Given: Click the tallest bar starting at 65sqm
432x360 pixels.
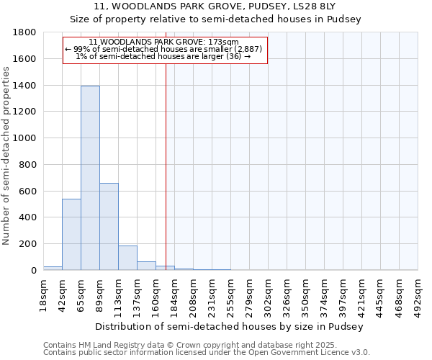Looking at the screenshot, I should [x=90, y=178].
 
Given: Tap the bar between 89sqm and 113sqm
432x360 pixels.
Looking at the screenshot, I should [x=109, y=226].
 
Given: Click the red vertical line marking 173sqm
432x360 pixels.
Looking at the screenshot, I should [x=166, y=166].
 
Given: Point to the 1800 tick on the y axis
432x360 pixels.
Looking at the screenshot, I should [x=26, y=32].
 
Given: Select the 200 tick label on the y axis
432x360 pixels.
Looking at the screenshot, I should [x=29, y=244].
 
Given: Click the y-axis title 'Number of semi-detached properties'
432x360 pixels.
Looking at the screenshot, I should [x=7, y=151].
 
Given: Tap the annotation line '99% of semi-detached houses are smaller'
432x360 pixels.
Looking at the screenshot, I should [x=165, y=49].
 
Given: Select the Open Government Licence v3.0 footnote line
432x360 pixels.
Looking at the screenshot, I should [x=207, y=352].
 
